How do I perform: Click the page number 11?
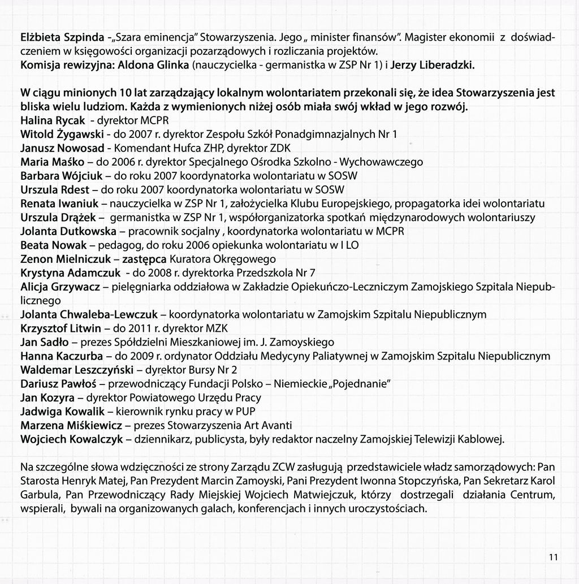(x=553, y=557)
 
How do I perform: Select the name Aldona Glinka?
(x=153, y=65)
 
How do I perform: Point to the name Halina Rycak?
(x=53, y=121)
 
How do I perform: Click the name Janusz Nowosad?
(x=62, y=148)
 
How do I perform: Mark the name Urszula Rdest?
(x=55, y=189)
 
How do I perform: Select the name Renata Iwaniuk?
(x=58, y=203)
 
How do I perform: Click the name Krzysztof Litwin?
(x=61, y=328)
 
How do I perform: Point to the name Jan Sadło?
(x=44, y=342)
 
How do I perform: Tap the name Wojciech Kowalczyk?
(x=71, y=439)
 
